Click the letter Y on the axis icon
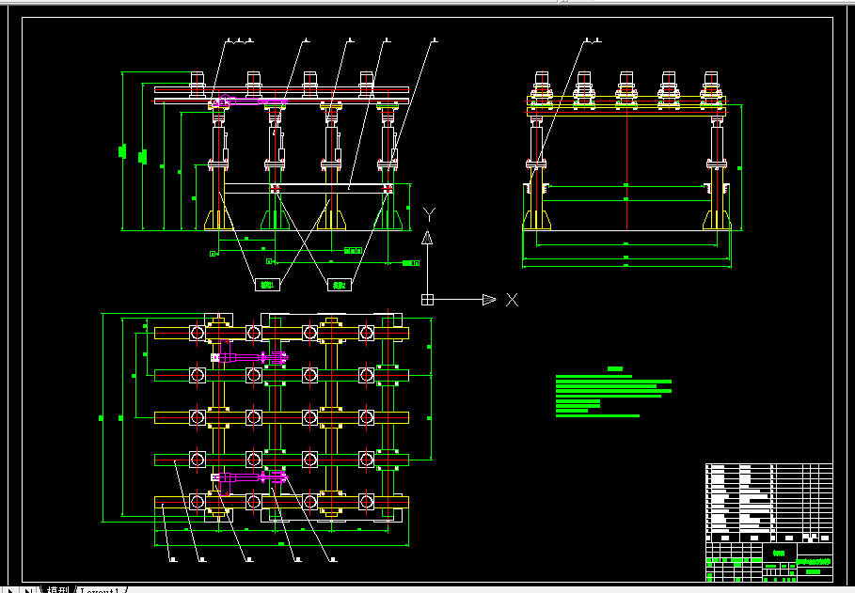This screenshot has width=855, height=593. coord(429,213)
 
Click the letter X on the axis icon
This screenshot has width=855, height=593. coord(512,300)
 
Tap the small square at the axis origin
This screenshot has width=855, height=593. coord(427,300)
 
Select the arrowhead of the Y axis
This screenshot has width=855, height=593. coord(427,237)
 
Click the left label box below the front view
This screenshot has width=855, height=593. coord(267,284)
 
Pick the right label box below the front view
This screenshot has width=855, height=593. coord(339,284)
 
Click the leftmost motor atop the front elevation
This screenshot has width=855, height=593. coord(198,84)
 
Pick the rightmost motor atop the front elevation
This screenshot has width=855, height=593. coord(366,84)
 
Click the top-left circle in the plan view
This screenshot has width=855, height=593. coord(198,333)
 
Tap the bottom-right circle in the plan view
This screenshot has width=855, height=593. coord(366,501)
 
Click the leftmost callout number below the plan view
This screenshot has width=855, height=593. coord(173,560)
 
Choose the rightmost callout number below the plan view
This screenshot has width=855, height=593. coord(333,560)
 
